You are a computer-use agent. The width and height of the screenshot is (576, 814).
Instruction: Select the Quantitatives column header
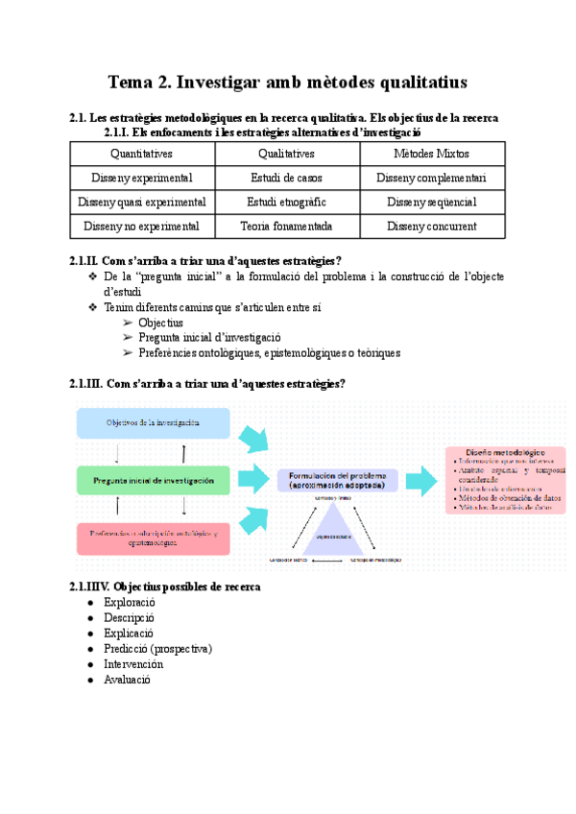[142, 154]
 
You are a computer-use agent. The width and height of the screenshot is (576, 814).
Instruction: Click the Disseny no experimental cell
[142, 227]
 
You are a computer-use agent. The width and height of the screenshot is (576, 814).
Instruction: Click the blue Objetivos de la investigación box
[154, 423]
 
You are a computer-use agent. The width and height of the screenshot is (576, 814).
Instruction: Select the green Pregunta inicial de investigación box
[154, 480]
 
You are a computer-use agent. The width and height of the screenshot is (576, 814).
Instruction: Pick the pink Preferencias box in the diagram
[154, 538]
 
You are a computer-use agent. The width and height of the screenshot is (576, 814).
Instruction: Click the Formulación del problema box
[336, 481]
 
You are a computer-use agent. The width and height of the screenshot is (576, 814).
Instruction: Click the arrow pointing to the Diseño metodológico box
[420, 480]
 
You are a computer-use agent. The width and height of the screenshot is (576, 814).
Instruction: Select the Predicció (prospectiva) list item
[157, 649]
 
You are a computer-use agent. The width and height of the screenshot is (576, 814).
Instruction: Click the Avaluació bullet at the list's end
[127, 680]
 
